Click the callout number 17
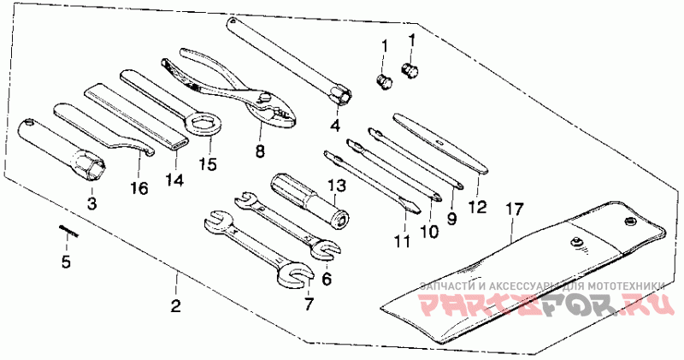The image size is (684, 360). click(512, 208)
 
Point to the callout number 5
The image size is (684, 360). click(65, 263)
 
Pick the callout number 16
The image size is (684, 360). click(139, 187)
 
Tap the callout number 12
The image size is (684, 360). click(478, 205)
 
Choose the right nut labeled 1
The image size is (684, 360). click(409, 68)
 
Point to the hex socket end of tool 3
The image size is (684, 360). click(89, 162)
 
